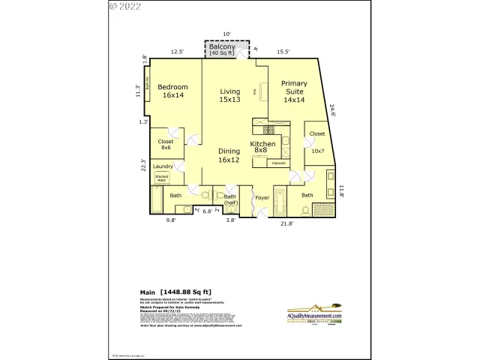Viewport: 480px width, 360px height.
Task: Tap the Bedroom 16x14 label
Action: click(172, 91)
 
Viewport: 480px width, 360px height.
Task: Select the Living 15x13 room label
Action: click(229, 95)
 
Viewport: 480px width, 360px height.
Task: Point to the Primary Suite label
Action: click(294, 91)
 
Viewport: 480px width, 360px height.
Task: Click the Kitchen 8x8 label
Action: click(262, 147)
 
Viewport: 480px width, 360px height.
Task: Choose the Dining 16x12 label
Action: click(229, 155)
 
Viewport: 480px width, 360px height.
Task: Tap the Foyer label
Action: click(262, 198)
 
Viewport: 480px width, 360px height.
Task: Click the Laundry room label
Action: click(163, 166)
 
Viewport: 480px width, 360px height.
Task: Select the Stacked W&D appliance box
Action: click(161, 178)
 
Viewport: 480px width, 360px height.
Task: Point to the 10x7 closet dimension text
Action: click(317, 151)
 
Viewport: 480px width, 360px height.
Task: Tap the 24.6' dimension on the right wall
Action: click(333, 109)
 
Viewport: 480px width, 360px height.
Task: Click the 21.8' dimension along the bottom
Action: click(286, 223)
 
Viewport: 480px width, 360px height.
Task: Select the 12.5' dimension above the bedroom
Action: click(177, 52)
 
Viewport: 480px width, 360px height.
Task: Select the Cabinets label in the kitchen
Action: click(279, 163)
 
